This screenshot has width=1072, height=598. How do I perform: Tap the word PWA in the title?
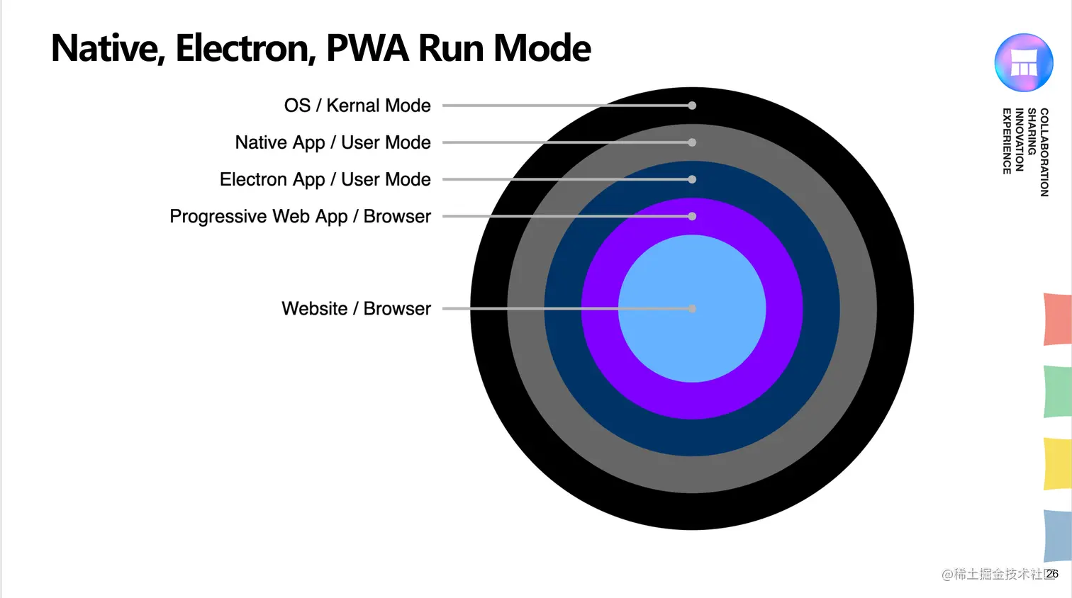point(367,48)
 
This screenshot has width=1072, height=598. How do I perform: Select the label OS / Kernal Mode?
point(357,106)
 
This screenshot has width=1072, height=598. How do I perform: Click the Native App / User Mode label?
point(333,142)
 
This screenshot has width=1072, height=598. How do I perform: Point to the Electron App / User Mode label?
point(325,179)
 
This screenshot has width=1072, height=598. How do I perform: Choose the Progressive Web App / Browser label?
point(300,216)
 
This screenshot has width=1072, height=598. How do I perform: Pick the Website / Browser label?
point(356,309)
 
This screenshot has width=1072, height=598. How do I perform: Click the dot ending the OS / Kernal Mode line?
point(692,106)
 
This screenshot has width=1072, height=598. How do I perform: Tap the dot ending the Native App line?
point(692,142)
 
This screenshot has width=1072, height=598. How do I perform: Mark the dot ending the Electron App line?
point(692,179)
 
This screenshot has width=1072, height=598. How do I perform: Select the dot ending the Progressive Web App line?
point(692,216)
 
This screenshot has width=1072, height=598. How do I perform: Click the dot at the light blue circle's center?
point(692,309)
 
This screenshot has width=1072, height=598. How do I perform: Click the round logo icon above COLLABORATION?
point(1023,62)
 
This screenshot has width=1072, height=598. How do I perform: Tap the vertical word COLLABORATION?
point(1044,152)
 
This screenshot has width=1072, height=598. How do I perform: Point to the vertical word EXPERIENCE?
point(1007,141)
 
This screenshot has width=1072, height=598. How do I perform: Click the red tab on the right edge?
point(1057,320)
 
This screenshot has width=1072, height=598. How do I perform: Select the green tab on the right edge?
point(1057,391)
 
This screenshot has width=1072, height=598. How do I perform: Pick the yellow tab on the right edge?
point(1057,463)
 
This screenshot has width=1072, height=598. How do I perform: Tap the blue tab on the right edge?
point(1057,535)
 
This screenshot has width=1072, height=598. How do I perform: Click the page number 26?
point(1052,574)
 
